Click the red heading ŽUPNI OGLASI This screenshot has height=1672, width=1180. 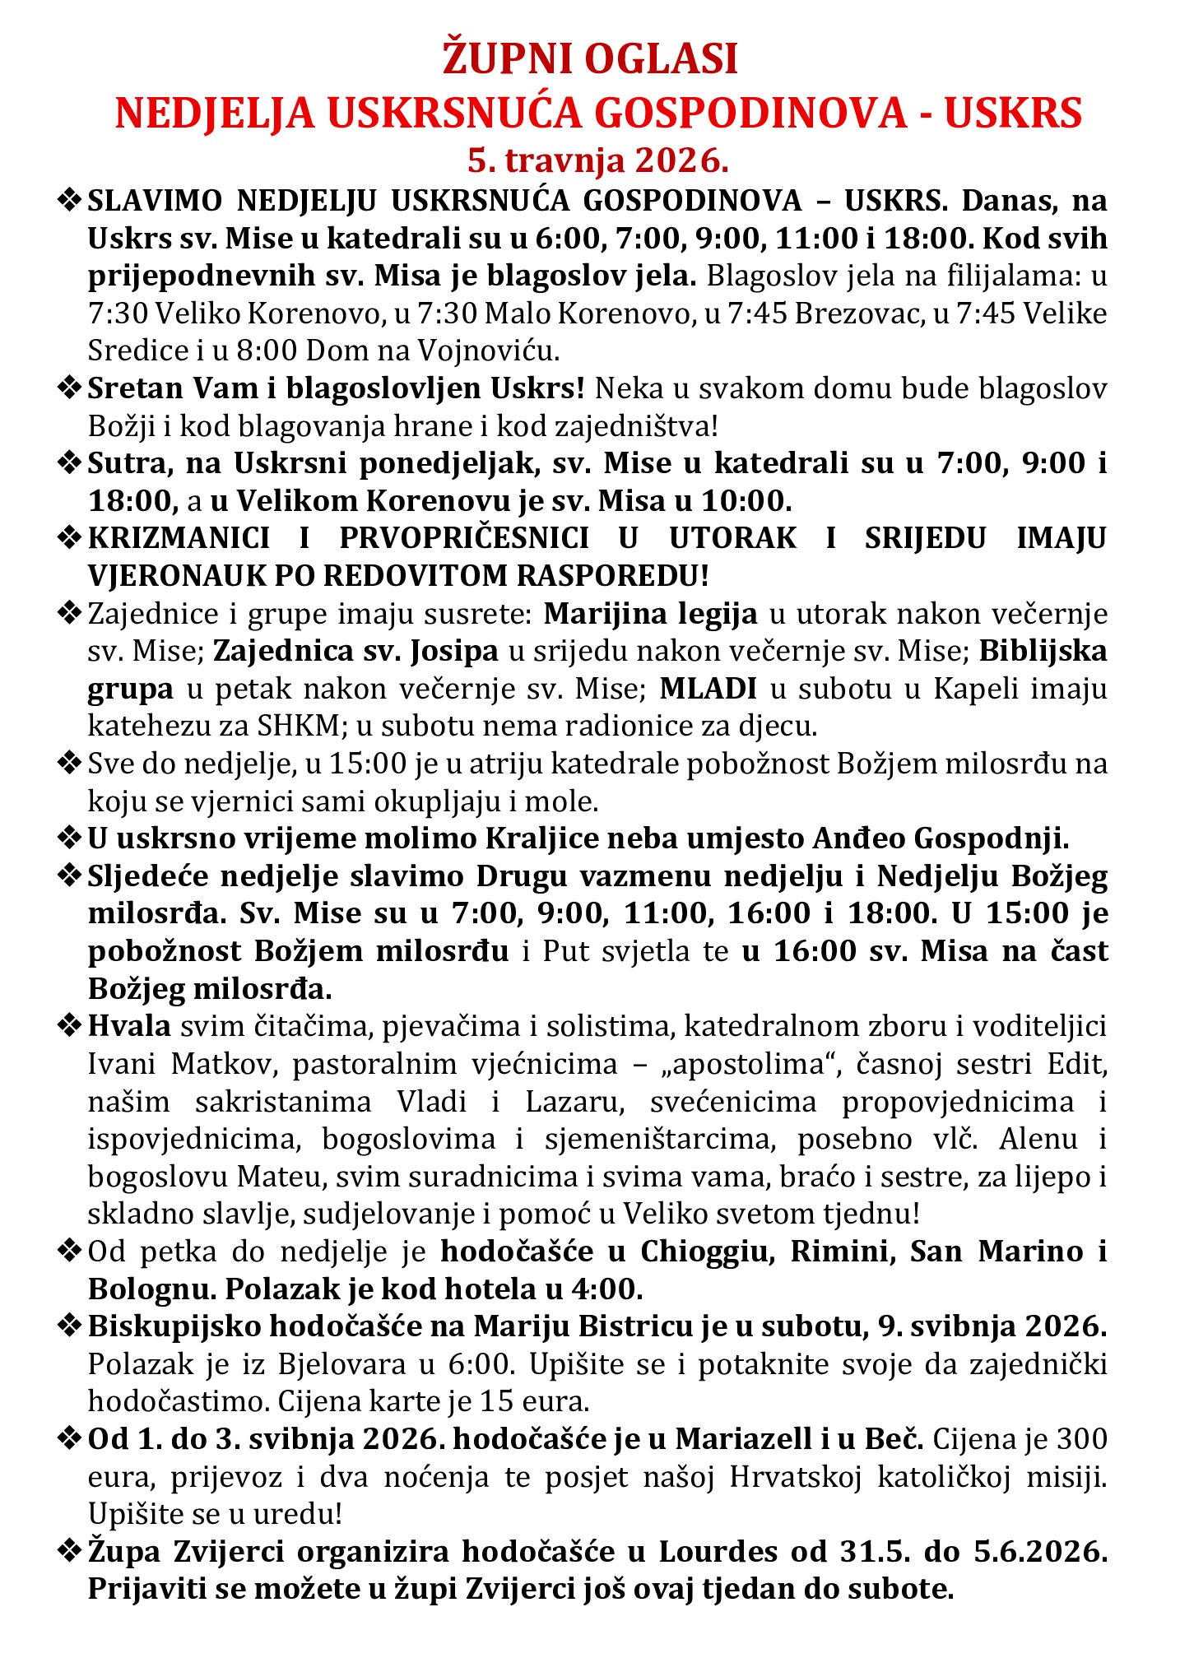click(x=590, y=60)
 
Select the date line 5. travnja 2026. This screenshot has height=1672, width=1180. click(x=598, y=160)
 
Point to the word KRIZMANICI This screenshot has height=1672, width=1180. click(x=179, y=537)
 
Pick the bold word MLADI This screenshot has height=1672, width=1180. click(x=708, y=688)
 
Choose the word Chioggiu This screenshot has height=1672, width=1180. click(x=709, y=1251)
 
